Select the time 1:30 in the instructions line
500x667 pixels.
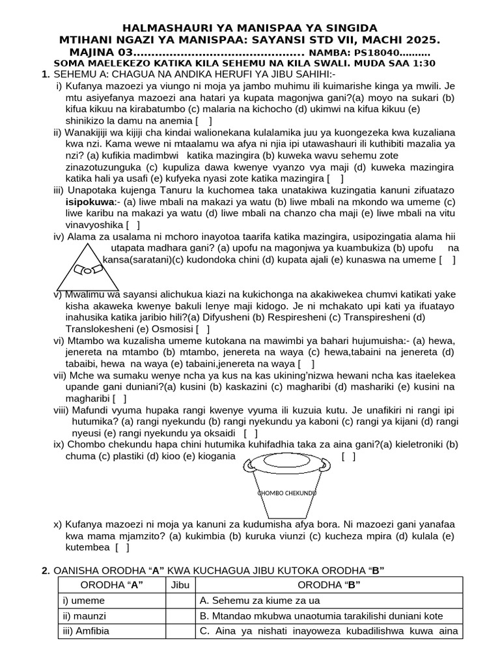pos(423,63)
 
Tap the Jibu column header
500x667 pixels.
pos(180,585)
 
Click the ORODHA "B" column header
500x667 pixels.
pos(329,585)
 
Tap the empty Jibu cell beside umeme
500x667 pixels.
pos(180,600)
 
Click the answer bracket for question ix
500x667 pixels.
pos(348,457)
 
